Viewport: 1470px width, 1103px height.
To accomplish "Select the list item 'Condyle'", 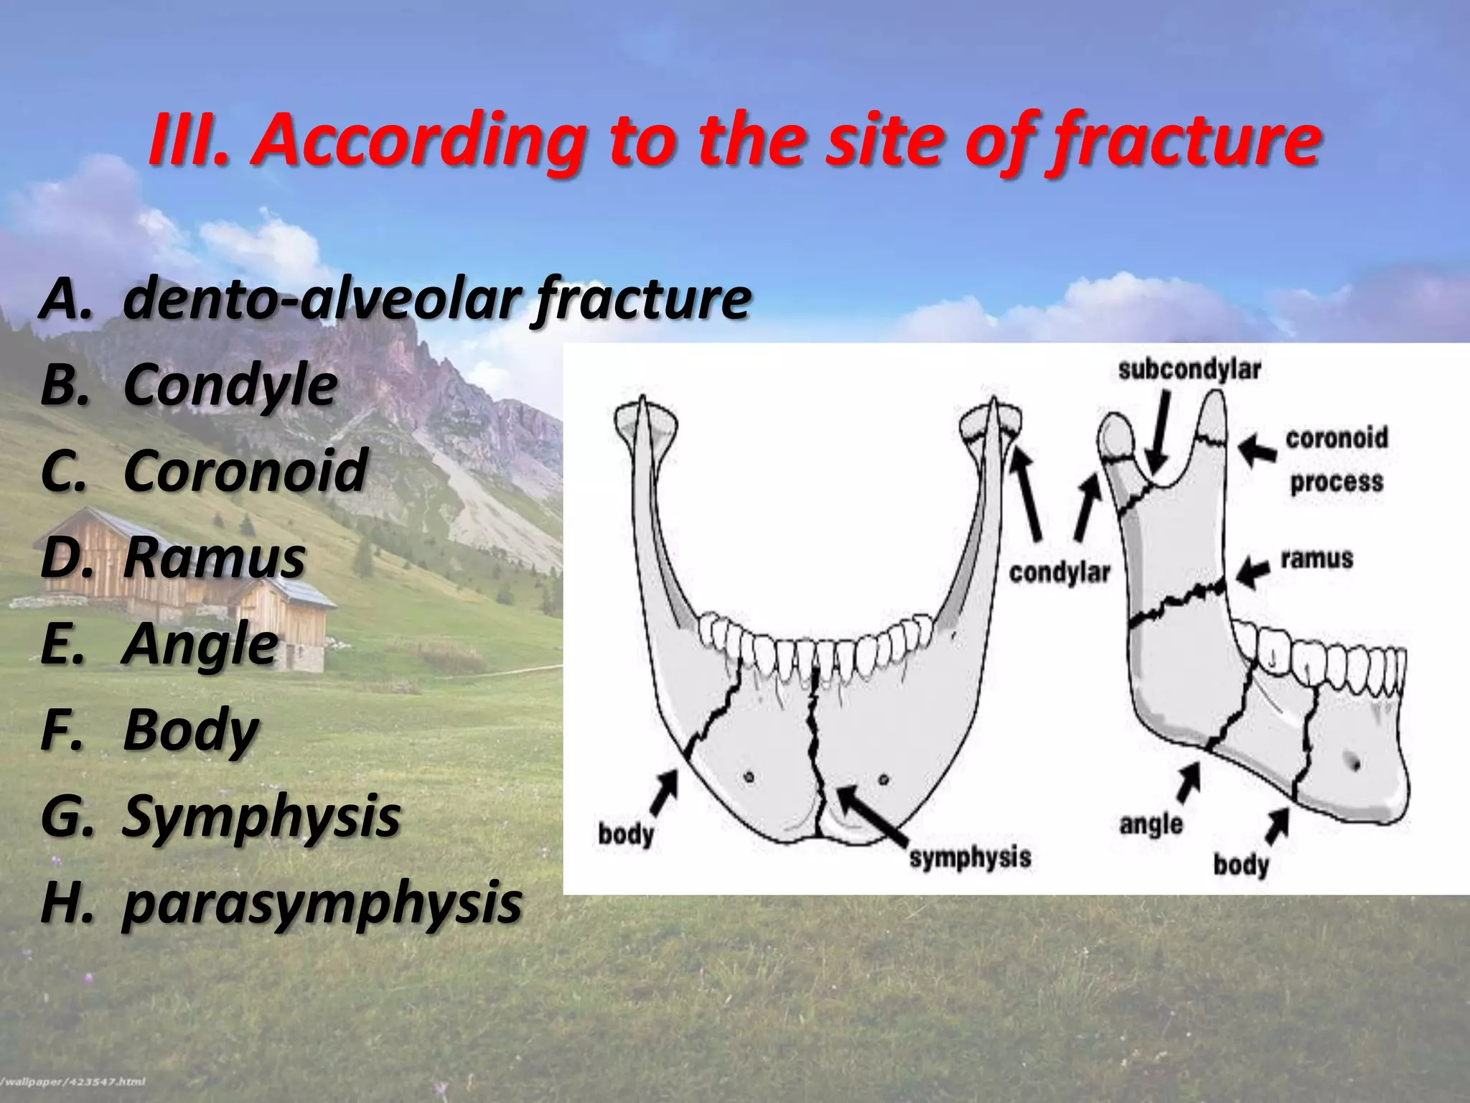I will [x=230, y=385].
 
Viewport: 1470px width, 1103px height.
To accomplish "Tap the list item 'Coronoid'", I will [x=245, y=470].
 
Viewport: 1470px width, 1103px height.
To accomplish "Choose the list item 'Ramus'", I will [x=214, y=557].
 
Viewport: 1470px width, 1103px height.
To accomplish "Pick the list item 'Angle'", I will [x=200, y=643].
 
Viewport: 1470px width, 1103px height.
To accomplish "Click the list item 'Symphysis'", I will [x=261, y=816].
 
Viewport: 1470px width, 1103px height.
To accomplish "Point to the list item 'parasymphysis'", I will [x=322, y=903].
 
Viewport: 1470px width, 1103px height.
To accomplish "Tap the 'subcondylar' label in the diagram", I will [x=1189, y=370].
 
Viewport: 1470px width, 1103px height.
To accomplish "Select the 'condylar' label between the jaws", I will [x=1059, y=573].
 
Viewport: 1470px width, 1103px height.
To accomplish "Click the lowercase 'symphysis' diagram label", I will [x=970, y=857].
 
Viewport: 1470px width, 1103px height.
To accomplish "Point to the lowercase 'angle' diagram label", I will [x=1151, y=824].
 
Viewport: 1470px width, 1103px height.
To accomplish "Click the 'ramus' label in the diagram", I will [x=1316, y=558].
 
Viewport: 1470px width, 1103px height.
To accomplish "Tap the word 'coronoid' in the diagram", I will [x=1336, y=437].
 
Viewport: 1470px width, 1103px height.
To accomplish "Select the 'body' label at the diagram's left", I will [x=626, y=834].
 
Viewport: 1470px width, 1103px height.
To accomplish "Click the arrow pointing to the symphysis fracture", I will [x=871, y=815].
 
